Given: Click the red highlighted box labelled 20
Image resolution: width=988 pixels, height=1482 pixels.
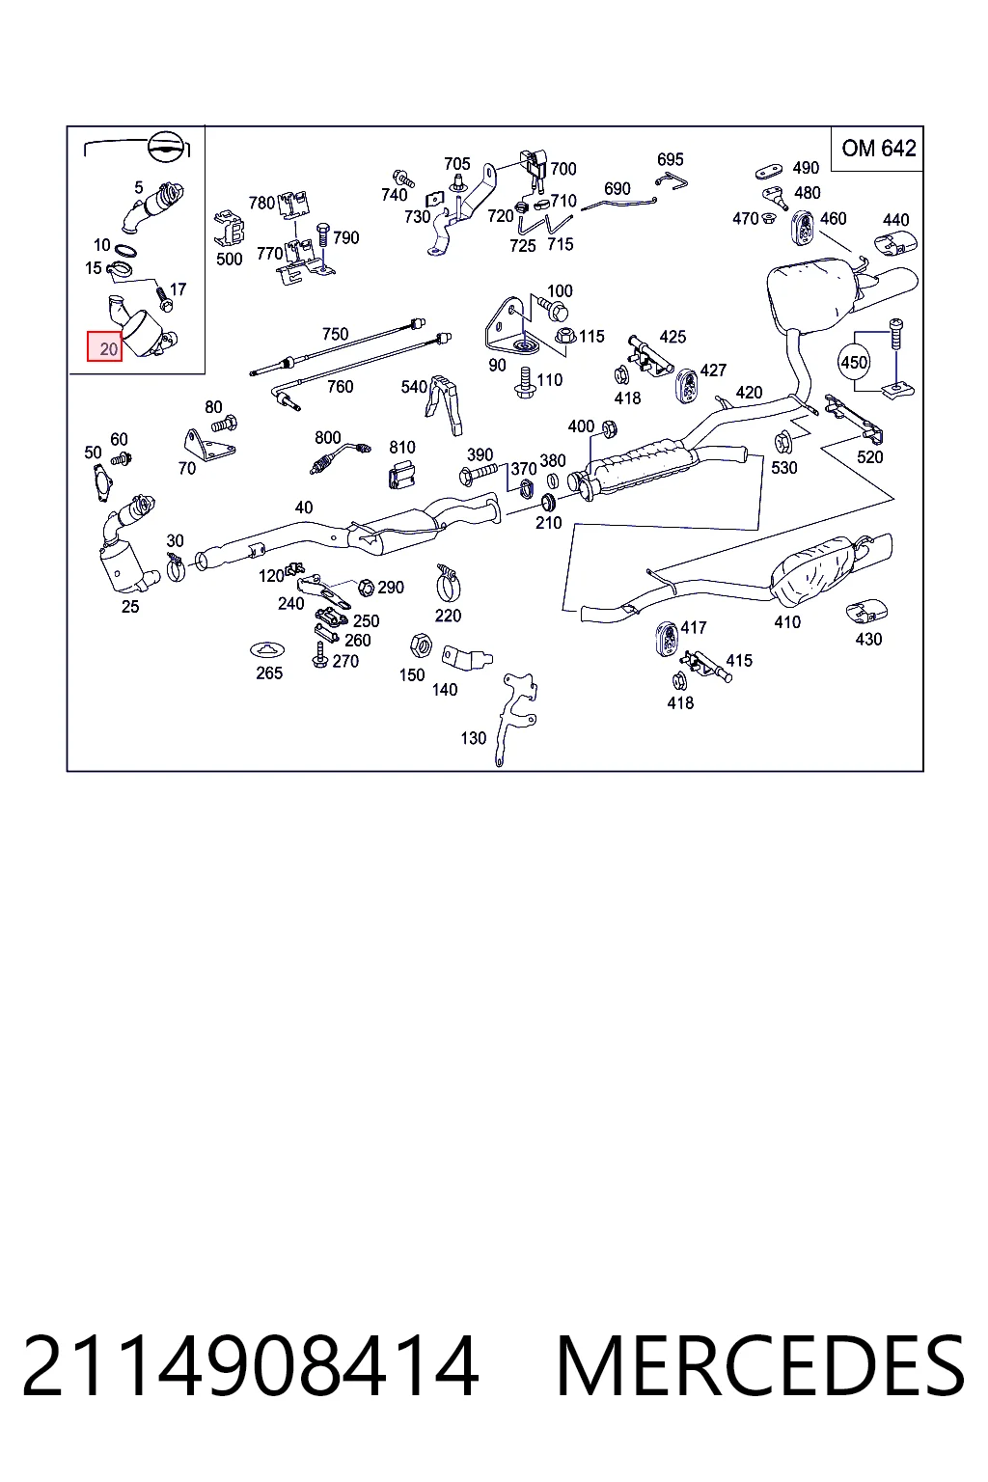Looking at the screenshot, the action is click(x=104, y=346).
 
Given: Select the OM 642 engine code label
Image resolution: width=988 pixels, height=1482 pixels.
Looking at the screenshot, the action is click(x=878, y=149).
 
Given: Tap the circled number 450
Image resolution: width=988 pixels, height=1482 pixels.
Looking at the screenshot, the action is click(x=854, y=363).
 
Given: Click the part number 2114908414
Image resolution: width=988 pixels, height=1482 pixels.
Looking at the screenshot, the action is click(x=250, y=1366).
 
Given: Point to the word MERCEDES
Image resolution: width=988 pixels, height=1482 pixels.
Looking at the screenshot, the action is click(x=759, y=1366).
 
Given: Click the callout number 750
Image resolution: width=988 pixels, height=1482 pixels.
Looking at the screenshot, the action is click(x=335, y=334).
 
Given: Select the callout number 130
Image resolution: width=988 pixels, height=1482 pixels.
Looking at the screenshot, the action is click(x=473, y=738).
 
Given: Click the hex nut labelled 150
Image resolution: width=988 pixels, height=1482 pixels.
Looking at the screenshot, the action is click(x=421, y=645).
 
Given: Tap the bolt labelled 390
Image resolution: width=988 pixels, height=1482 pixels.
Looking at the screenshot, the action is click(x=478, y=473).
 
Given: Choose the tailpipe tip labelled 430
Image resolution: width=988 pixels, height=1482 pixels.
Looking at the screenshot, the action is click(x=866, y=610).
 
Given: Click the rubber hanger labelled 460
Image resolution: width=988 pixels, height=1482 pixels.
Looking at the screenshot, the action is click(x=803, y=227).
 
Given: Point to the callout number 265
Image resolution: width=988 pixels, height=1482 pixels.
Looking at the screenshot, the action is click(x=269, y=672).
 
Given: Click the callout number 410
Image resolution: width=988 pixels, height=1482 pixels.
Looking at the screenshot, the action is click(x=787, y=622).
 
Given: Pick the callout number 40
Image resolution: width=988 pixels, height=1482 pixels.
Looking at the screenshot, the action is click(x=303, y=508).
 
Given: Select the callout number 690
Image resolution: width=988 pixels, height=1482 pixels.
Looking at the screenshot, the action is click(x=617, y=188).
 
